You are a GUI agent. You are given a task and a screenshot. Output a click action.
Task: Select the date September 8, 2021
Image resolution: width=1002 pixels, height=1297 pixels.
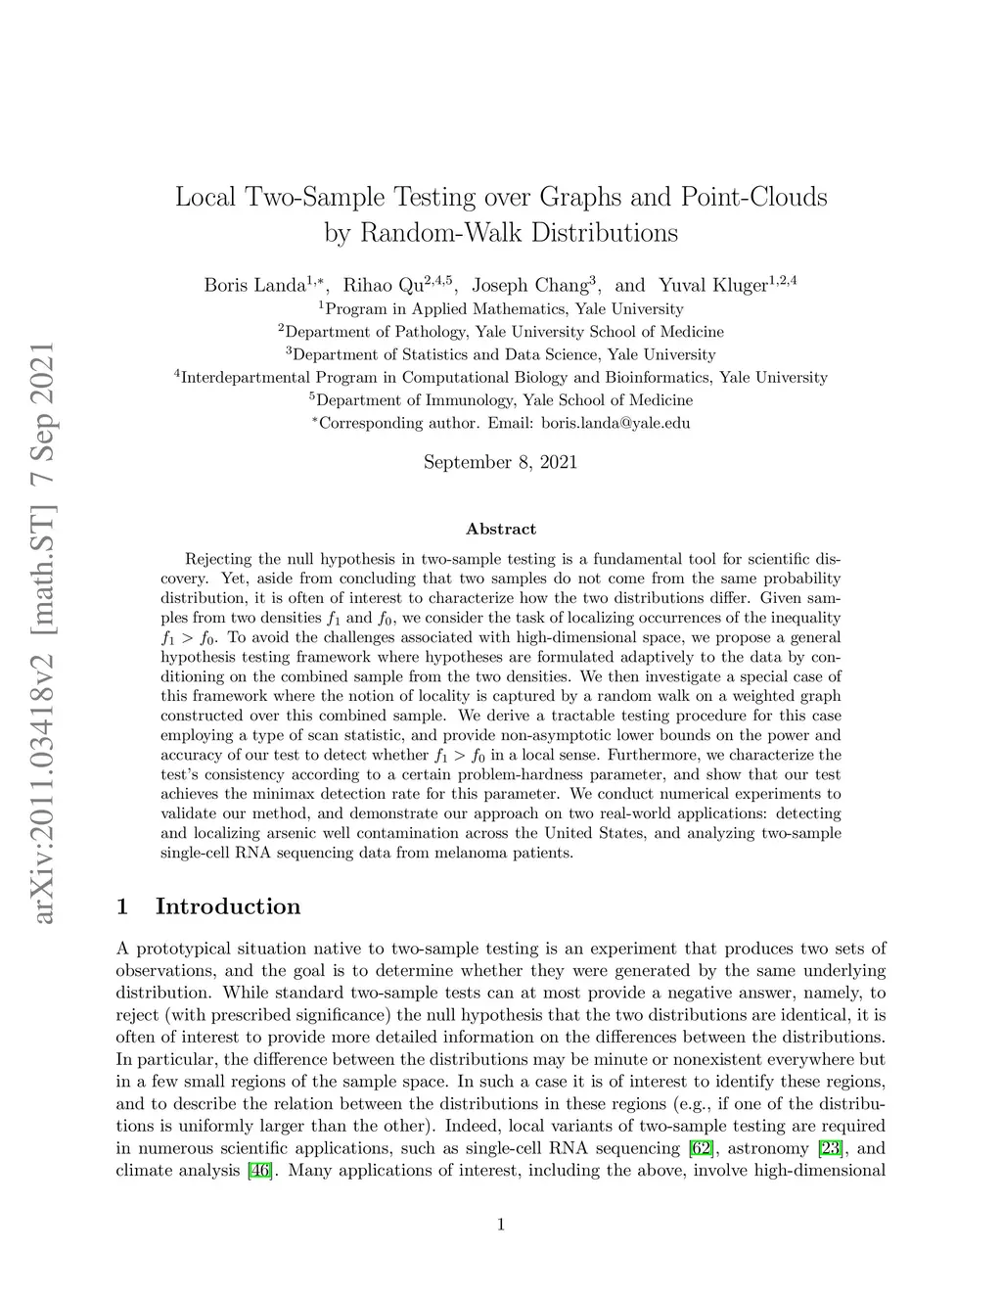click(500, 462)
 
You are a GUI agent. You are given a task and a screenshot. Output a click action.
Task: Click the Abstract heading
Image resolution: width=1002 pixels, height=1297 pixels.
click(501, 529)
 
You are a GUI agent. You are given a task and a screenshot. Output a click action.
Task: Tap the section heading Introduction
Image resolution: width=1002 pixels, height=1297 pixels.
click(227, 906)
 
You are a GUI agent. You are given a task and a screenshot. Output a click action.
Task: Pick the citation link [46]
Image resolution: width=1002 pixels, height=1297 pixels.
click(259, 1171)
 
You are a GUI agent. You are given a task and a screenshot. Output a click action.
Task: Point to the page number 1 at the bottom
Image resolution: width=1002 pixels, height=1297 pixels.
click(501, 1224)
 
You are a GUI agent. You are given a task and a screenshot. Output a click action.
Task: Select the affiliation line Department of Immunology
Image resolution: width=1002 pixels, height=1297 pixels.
click(501, 400)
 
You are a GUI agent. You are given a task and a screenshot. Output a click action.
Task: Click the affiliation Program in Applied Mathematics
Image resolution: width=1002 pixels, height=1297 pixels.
click(501, 309)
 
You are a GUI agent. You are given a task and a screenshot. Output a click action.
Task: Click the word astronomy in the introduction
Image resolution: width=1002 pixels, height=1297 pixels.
click(767, 1148)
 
